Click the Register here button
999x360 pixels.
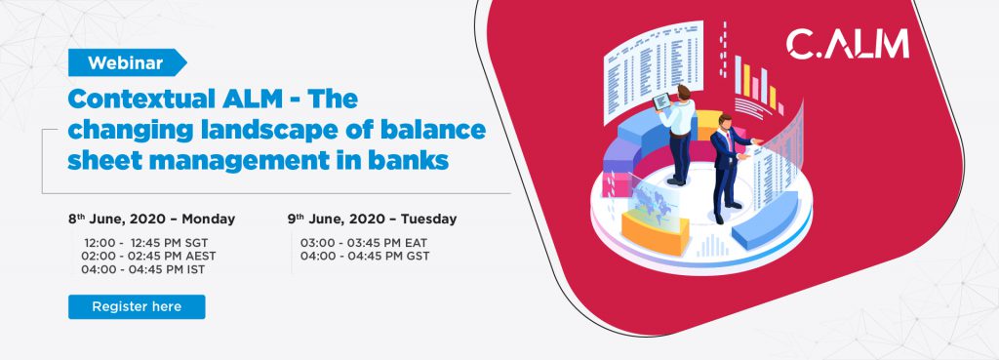point(137,306)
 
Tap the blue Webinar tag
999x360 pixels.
point(127,62)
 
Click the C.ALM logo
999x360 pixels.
point(847,45)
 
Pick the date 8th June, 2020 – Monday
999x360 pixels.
point(151,220)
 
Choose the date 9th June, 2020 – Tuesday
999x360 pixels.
point(372,220)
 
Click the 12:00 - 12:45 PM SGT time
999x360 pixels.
point(146,243)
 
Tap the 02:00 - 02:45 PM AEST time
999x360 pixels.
point(148,257)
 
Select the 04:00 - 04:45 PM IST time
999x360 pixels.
point(142,269)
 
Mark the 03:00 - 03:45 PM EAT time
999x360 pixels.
point(364,243)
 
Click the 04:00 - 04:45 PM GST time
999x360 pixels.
point(365,257)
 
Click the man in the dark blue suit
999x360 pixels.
point(728,168)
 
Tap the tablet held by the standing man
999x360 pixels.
point(661,101)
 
